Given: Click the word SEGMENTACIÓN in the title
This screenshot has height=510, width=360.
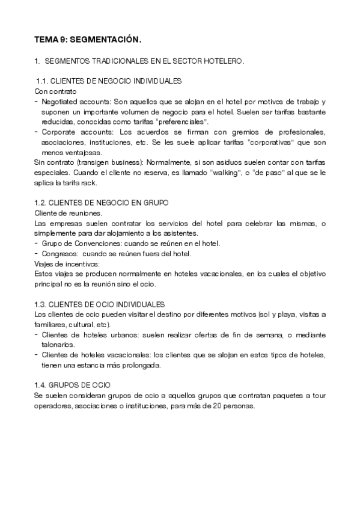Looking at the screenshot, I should point(105,40).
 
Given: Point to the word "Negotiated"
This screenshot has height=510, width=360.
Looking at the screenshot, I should point(61,102).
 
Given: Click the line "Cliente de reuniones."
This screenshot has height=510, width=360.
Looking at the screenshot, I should point(68,214).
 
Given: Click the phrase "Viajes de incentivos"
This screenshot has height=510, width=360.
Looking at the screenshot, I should point(67,264).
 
